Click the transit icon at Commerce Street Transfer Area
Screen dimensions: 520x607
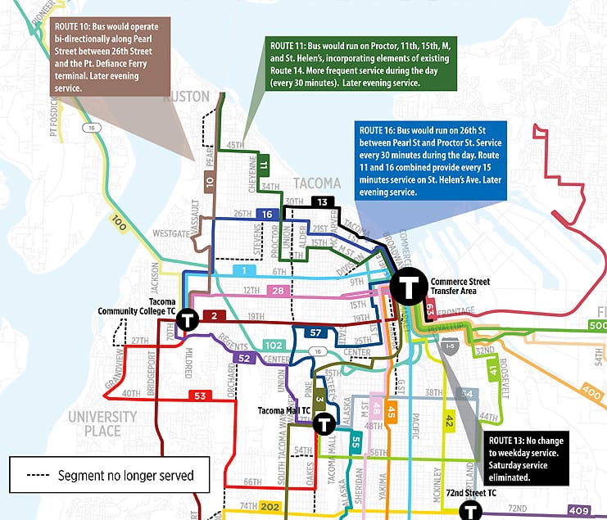pyautogui.click(x=407, y=287)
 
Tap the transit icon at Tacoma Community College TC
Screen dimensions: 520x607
pyautogui.click(x=188, y=319)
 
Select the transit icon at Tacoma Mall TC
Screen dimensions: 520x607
pyautogui.click(x=324, y=423)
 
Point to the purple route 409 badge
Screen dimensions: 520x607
pyautogui.click(x=578, y=512)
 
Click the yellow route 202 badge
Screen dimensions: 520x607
pyautogui.click(x=270, y=507)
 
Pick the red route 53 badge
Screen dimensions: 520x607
pyautogui.click(x=199, y=396)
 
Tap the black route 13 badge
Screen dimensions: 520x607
pyautogui.click(x=323, y=202)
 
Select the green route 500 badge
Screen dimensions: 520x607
pyautogui.click(x=597, y=326)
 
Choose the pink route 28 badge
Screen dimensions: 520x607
pyautogui.click(x=279, y=291)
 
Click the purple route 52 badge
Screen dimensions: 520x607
pyautogui.click(x=243, y=358)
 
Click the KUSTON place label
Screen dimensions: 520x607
pyautogui.click(x=188, y=97)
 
